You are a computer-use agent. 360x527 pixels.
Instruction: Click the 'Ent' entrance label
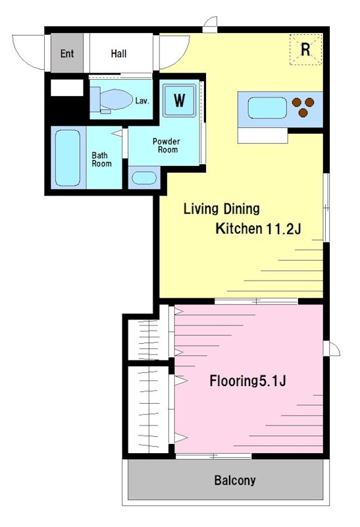click(x=67, y=53)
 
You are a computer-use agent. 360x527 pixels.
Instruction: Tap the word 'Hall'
click(x=118, y=53)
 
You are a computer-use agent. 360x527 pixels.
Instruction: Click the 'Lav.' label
click(x=142, y=101)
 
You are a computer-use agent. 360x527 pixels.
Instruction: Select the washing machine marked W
click(x=179, y=100)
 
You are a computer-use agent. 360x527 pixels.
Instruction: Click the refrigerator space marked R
click(x=305, y=49)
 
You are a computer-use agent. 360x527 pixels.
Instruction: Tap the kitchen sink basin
click(x=267, y=108)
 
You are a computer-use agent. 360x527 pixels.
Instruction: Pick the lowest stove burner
click(x=303, y=113)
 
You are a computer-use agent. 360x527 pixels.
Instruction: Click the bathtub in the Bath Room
click(x=68, y=157)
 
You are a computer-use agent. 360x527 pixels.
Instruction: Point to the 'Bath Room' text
click(x=101, y=159)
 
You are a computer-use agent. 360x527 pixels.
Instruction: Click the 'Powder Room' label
click(x=167, y=145)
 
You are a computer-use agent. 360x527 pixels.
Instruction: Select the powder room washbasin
click(x=144, y=178)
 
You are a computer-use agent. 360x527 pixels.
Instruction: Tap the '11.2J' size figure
click(x=284, y=229)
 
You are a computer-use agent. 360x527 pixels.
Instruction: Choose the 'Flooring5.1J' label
click(x=248, y=381)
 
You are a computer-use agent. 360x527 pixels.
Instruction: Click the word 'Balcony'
click(x=235, y=480)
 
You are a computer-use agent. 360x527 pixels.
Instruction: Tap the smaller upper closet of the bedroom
click(x=148, y=339)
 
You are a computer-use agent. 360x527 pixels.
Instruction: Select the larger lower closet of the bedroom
click(x=148, y=409)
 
